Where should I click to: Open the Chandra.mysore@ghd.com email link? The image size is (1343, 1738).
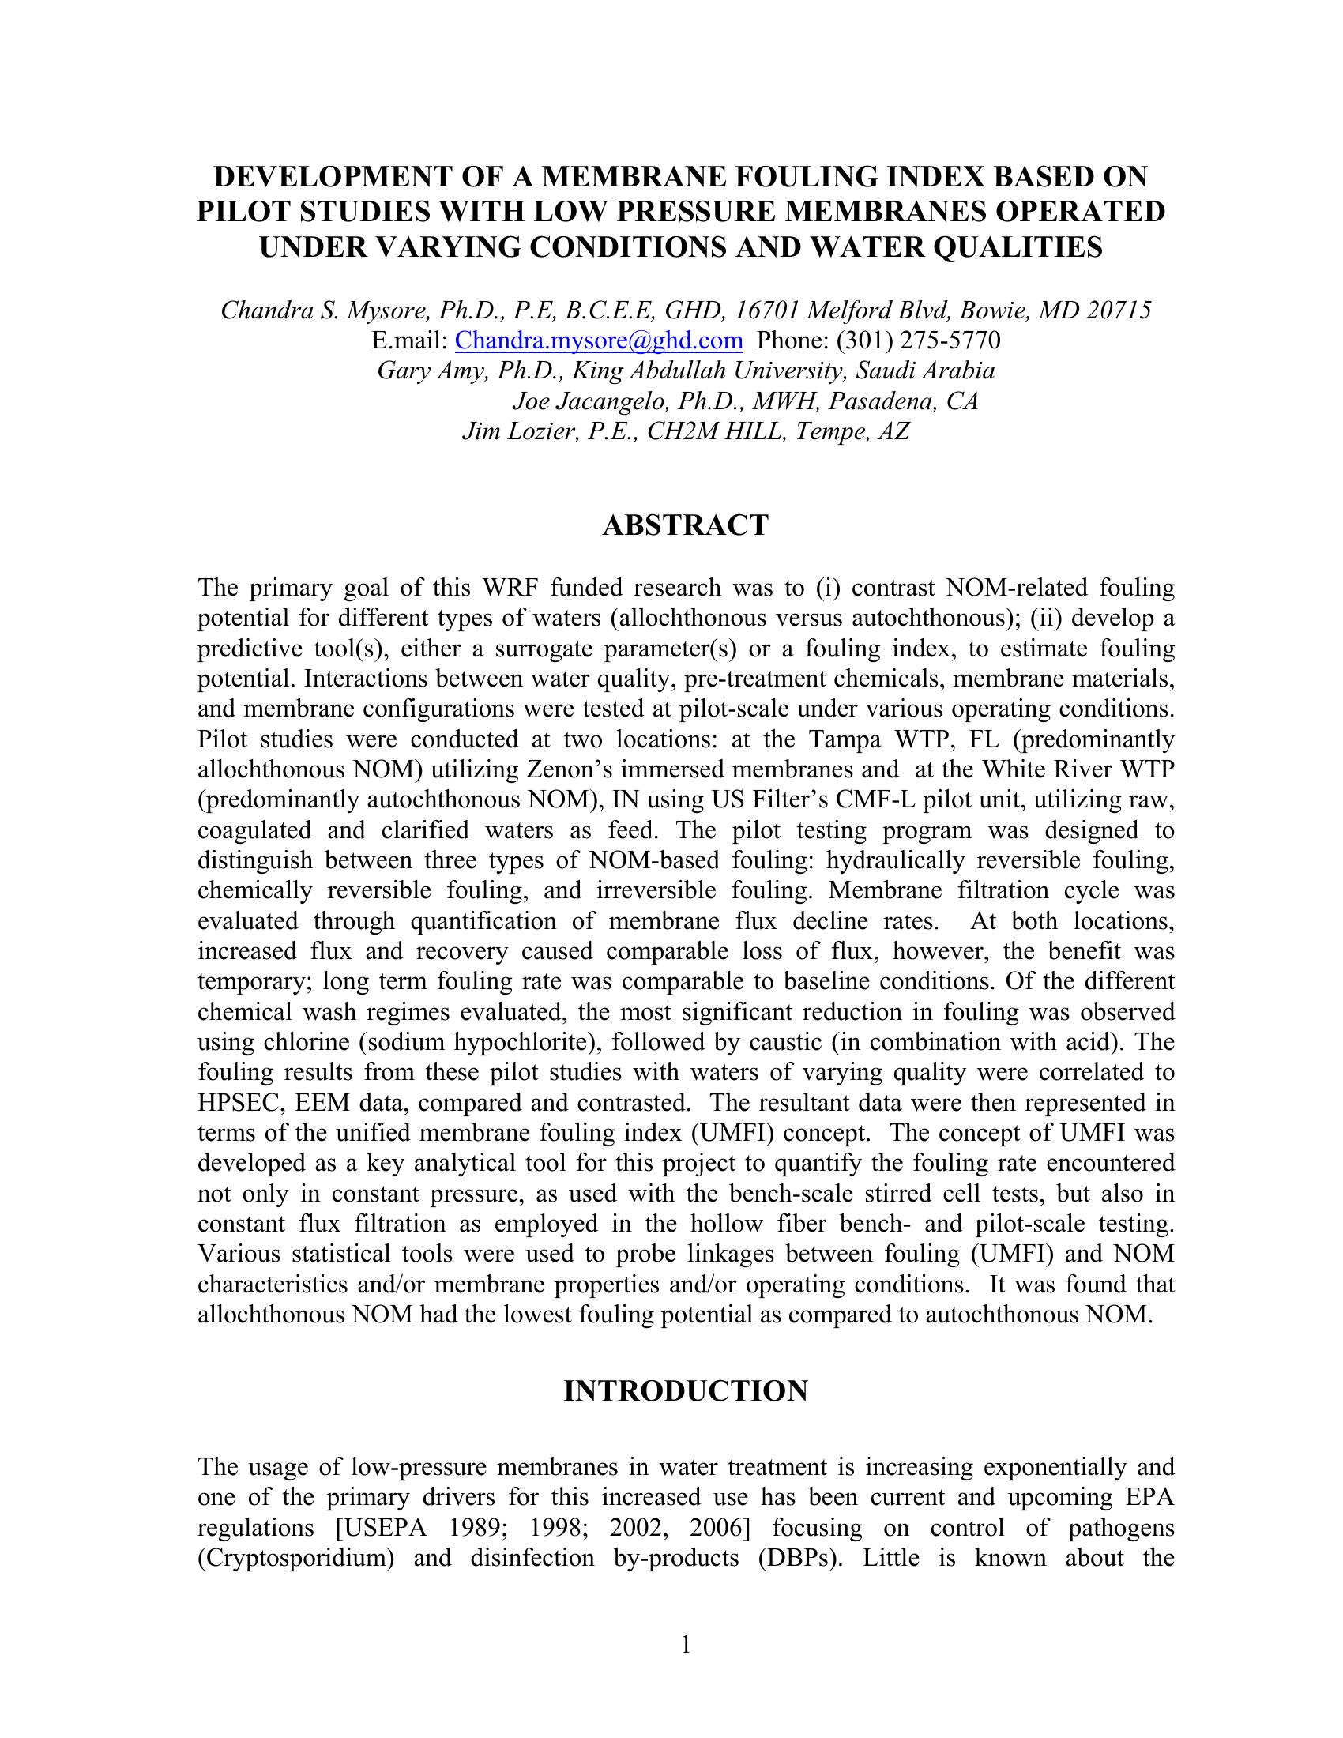pyautogui.click(x=598, y=340)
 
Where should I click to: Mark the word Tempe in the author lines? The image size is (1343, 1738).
pyautogui.click(x=830, y=431)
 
